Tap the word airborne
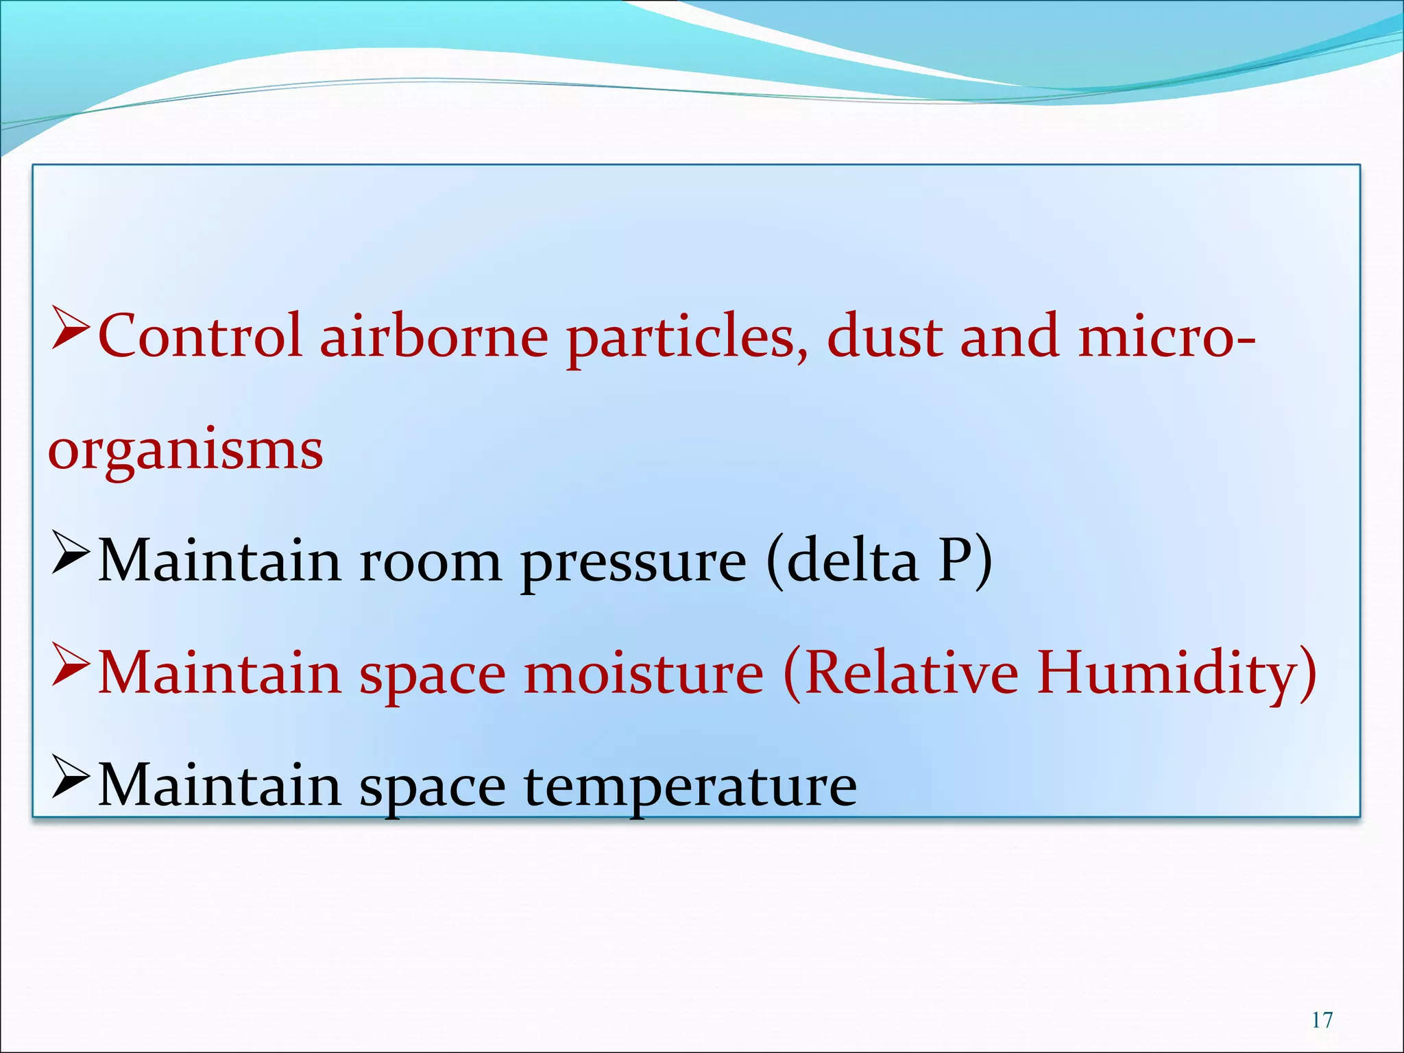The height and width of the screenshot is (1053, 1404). click(434, 336)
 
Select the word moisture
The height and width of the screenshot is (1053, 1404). click(644, 673)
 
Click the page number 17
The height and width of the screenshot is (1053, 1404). click(1322, 1020)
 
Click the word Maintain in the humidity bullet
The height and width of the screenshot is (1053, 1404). click(219, 673)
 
